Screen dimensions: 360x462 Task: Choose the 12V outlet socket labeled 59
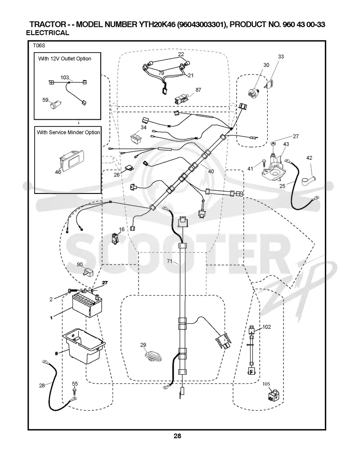(56, 105)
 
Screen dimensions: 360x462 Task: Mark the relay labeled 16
(115, 238)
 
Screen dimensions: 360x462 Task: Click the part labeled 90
(88, 272)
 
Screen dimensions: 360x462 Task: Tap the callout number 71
(170, 261)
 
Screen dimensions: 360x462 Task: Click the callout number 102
(266, 327)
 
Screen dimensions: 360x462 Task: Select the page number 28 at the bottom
(177, 436)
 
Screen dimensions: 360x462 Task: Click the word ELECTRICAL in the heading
(48, 33)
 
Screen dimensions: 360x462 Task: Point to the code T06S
(39, 46)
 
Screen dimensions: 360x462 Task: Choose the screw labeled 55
(74, 390)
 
